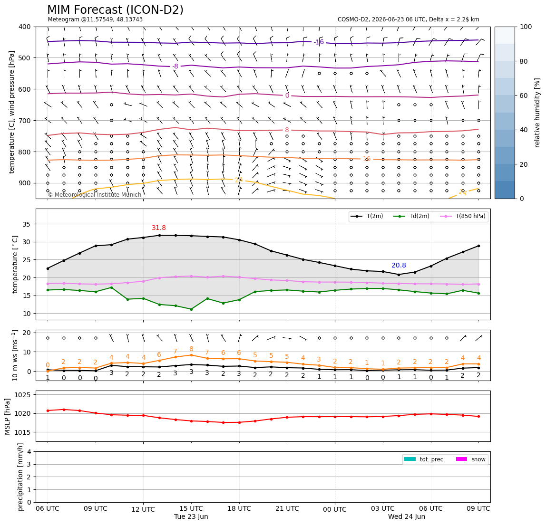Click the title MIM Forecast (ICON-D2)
click(x=115, y=10)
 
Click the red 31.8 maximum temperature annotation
click(x=159, y=228)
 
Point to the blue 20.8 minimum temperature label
click(x=399, y=266)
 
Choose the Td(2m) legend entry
click(x=411, y=216)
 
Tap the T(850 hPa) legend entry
click(x=463, y=216)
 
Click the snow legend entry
click(x=471, y=459)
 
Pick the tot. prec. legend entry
click(x=424, y=459)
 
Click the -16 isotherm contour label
click(x=319, y=42)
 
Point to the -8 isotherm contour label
click(x=175, y=66)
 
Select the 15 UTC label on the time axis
click(x=191, y=508)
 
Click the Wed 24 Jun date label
click(x=406, y=516)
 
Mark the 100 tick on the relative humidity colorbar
click(x=526, y=27)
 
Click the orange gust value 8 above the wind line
click(x=191, y=349)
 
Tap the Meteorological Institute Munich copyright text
click(x=94, y=195)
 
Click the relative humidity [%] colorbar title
click(x=537, y=113)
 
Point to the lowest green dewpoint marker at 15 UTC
click(x=191, y=309)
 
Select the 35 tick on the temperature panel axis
click(x=27, y=224)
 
